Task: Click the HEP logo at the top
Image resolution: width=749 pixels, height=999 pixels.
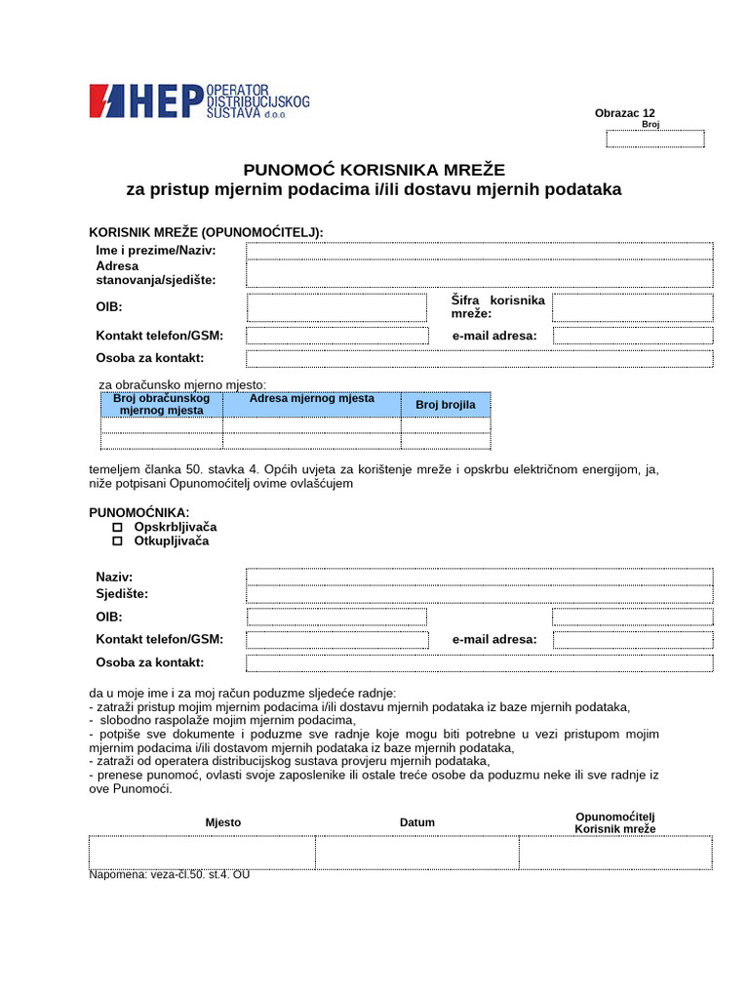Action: pyautogui.click(x=199, y=101)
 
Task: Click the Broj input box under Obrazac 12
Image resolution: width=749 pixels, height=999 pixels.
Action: pyautogui.click(x=654, y=139)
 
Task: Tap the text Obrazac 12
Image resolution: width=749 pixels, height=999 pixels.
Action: pyautogui.click(x=625, y=113)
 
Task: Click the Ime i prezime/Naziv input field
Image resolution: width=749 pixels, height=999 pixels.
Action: pyautogui.click(x=479, y=251)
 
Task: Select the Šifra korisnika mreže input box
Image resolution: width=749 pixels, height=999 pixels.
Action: pyautogui.click(x=632, y=308)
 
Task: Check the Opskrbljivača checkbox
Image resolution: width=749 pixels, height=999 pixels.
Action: pyautogui.click(x=118, y=527)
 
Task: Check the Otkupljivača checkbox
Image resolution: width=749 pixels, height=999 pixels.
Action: pyautogui.click(x=118, y=540)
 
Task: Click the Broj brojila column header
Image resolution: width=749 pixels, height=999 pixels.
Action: pyautogui.click(x=446, y=404)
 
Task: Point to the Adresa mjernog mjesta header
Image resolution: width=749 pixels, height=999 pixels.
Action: pyautogui.click(x=311, y=399)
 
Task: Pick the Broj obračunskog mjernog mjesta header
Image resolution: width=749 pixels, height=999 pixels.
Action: pyautogui.click(x=162, y=404)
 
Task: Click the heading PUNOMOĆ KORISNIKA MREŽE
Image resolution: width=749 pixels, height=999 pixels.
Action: pyautogui.click(x=374, y=169)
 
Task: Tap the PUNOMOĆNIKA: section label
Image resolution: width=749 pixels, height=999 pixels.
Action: pyautogui.click(x=139, y=512)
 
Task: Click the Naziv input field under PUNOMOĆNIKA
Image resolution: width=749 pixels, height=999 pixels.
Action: pyautogui.click(x=479, y=577)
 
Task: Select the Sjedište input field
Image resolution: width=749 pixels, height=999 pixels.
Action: pyautogui.click(x=479, y=594)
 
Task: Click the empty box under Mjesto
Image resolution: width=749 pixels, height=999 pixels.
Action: pyautogui.click(x=202, y=852)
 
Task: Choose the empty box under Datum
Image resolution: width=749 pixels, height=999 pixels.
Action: pyautogui.click(x=416, y=852)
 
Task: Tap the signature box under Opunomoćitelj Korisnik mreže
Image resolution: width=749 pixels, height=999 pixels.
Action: pyautogui.click(x=615, y=852)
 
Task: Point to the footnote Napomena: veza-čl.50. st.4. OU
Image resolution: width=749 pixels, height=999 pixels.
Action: pyautogui.click(x=170, y=875)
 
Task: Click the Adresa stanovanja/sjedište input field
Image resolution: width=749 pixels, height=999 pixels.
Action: pyautogui.click(x=479, y=273)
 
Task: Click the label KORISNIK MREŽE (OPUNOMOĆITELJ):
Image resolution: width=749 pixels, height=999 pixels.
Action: pyautogui.click(x=206, y=232)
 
